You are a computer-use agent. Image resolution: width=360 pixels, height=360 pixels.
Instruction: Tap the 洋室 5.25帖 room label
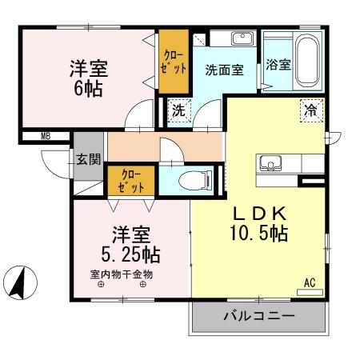point(130,245)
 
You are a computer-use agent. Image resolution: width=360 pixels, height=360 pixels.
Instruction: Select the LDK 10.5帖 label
point(259,225)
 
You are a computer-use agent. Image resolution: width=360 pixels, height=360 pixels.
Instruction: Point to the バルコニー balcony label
point(258,317)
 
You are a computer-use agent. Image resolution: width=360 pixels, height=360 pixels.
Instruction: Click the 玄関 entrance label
point(89,158)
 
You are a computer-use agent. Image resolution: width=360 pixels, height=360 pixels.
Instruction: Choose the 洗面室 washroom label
point(224,69)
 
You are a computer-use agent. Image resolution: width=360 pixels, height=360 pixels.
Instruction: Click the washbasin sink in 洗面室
point(242,38)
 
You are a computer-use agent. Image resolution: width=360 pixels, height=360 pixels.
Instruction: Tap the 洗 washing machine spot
point(179,111)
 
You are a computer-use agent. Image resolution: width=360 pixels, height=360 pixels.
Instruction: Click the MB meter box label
point(45,136)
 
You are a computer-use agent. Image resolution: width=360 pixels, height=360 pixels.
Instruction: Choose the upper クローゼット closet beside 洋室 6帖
point(174,62)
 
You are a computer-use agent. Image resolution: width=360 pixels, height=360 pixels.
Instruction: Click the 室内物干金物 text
point(121,274)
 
